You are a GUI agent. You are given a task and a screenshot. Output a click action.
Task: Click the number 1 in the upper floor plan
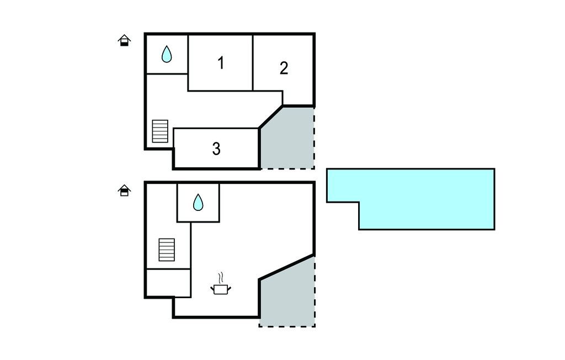tap(221, 63)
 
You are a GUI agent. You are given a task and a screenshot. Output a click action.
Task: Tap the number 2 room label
tap(284, 68)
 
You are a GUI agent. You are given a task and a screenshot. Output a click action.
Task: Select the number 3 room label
tap(216, 149)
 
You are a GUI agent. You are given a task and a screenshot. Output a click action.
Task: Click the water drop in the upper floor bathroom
tap(167, 54)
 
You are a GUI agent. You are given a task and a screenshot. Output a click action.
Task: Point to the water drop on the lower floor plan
tap(198, 203)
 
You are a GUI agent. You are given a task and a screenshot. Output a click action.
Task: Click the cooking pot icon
tap(221, 289)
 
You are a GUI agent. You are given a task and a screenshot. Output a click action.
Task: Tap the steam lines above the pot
tap(221, 278)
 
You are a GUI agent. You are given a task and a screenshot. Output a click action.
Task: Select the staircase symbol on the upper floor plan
tap(160, 131)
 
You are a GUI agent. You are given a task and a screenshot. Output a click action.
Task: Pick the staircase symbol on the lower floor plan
tap(167, 250)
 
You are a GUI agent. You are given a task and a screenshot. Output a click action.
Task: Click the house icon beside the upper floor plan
tap(124, 40)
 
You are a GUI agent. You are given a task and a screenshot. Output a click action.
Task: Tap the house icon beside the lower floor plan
tap(124, 190)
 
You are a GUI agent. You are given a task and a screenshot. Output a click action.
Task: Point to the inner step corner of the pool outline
tap(359, 202)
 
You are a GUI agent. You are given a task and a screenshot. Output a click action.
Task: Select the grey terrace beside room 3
tap(288, 141)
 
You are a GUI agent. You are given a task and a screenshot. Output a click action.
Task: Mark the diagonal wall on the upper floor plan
tap(271, 117)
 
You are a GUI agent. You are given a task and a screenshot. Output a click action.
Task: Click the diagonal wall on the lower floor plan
tap(287, 267)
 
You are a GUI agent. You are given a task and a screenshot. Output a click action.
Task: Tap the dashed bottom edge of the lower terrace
tap(287, 326)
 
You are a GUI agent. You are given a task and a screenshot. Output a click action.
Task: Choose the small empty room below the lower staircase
tap(168, 283)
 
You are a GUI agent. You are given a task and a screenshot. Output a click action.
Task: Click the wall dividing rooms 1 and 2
tap(253, 62)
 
